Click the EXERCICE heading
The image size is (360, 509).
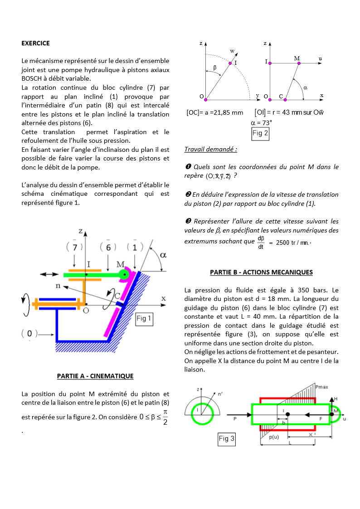click(x=35, y=44)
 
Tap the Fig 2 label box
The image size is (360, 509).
click(x=260, y=133)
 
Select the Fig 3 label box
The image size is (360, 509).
click(x=227, y=438)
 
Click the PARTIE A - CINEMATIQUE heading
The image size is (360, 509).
click(x=95, y=376)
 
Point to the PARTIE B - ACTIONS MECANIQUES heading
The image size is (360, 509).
click(x=261, y=272)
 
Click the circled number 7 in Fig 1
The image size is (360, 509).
click(x=73, y=247)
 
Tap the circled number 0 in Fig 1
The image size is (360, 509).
click(x=29, y=334)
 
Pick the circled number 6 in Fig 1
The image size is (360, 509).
click(x=108, y=247)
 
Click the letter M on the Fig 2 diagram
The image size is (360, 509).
click(x=297, y=58)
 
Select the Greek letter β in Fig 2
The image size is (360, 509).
click(x=215, y=67)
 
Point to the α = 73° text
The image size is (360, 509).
click(x=261, y=122)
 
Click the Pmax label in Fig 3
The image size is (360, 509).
click(x=322, y=388)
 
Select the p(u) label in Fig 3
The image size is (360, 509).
click(x=273, y=437)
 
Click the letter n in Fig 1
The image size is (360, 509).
click(x=58, y=286)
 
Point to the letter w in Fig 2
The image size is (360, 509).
click(x=232, y=51)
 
